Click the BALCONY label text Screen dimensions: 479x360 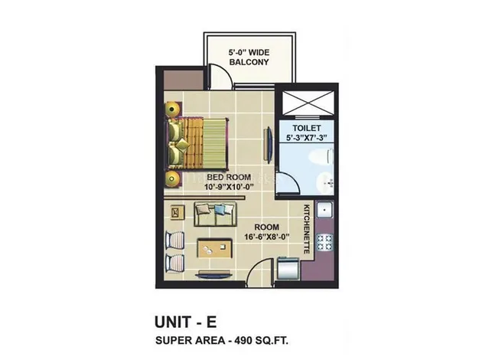(249, 62)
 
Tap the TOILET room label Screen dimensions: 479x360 (306, 128)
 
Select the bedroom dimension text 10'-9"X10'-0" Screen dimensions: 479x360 (229, 187)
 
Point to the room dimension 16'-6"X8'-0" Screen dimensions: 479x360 (267, 237)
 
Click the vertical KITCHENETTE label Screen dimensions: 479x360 (306, 229)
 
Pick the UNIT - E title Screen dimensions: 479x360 (186, 322)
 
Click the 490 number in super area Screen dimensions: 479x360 (244, 340)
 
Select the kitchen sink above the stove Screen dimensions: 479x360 (325, 210)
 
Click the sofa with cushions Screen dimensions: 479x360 (215, 214)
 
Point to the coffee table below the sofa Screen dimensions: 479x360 (214, 248)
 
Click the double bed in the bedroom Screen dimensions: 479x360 (197, 144)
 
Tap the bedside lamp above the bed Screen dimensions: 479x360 (173, 109)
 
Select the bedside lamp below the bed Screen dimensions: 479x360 (173, 178)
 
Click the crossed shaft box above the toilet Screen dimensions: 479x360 (308, 103)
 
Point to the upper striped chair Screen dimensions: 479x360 (174, 240)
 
